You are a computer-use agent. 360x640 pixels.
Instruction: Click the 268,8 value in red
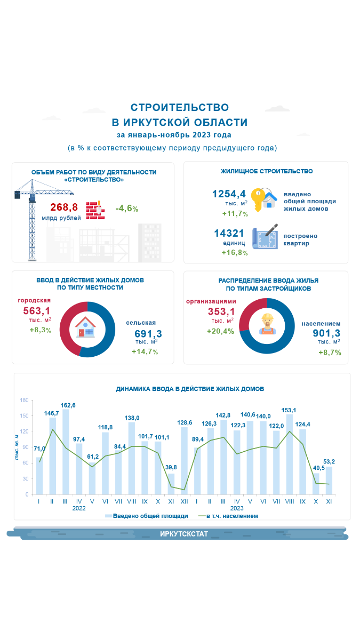pos(64,207)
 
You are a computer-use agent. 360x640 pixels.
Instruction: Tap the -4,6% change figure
pos(127,209)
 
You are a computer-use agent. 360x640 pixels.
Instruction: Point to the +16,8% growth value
pos(235,252)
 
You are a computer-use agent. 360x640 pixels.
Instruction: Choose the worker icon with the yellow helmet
pos(267,324)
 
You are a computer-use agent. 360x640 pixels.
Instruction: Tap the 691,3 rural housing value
pos(148,334)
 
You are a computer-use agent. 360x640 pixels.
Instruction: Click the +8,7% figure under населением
pos(330,353)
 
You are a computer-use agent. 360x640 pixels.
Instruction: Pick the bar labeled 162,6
pos(66,451)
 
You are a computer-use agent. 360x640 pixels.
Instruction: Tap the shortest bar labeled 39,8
pos(171,484)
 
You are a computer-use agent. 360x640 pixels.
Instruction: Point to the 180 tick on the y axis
pos(24,400)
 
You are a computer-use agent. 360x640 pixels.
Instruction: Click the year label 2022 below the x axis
pos(79,508)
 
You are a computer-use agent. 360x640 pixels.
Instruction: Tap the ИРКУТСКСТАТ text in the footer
pos(184,534)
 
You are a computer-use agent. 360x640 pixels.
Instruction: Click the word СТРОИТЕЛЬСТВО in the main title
pos(180,108)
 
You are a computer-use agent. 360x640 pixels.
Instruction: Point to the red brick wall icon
pos(94,209)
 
